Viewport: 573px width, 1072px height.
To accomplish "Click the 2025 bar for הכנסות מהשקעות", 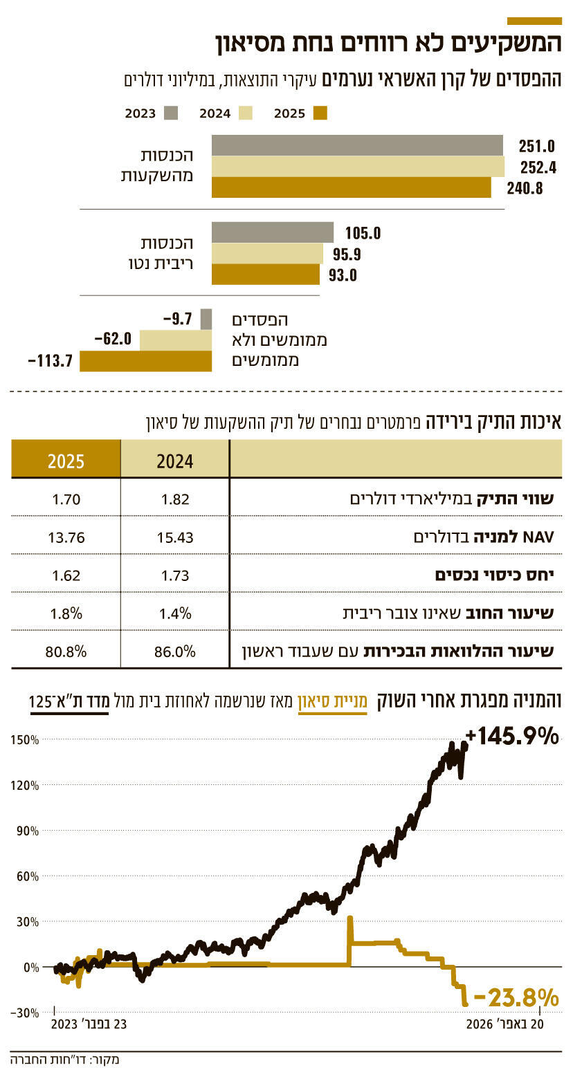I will (x=351, y=187).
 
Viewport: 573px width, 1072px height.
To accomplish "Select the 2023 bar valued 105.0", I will (x=272, y=232).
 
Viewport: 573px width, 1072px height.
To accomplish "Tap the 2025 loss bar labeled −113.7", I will (x=145, y=361).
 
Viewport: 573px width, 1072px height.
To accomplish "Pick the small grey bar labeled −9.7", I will (x=206, y=319).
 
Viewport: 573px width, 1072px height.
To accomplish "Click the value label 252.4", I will (x=537, y=167).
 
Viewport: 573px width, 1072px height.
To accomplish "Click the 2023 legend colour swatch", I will (x=171, y=113).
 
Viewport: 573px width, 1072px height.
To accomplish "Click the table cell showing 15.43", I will (x=174, y=537).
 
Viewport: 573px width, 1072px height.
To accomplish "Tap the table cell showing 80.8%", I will (x=66, y=651).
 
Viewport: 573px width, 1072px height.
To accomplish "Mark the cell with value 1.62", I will (x=66, y=575).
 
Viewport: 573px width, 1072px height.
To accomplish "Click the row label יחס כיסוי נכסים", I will (x=498, y=575).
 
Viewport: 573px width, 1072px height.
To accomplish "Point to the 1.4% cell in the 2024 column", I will (x=174, y=613).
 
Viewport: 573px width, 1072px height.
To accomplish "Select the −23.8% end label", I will (x=516, y=998).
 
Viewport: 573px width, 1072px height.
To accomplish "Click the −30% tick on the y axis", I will (x=26, y=1013).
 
